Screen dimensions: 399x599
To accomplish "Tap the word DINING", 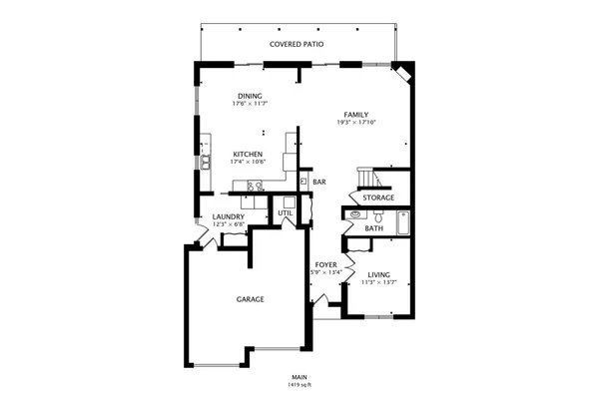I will tap(250, 96).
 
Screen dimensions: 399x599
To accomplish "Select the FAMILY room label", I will tap(356, 115).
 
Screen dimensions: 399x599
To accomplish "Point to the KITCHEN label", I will tap(248, 154).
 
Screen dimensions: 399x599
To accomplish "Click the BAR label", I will tap(319, 182).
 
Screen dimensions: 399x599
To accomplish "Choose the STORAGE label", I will tap(378, 198).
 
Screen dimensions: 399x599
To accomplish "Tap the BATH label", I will tap(373, 228).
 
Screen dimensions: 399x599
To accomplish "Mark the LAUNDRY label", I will tap(229, 216).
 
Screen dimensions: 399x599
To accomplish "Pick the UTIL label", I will tap(286, 212).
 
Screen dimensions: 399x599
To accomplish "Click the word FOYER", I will tap(325, 264).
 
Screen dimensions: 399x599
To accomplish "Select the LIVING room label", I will tap(378, 273).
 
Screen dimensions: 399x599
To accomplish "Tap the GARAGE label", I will tap(250, 299).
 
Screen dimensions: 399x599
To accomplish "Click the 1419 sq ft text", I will tap(299, 384).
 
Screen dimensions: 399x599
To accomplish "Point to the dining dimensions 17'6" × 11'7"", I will tap(250, 104).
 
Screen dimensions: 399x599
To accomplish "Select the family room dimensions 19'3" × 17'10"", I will tap(356, 123).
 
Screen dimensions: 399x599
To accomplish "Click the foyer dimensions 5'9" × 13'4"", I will tap(325, 272).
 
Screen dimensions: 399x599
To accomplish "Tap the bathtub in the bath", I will tap(402, 220).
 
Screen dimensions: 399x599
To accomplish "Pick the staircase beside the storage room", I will tap(368, 178).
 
